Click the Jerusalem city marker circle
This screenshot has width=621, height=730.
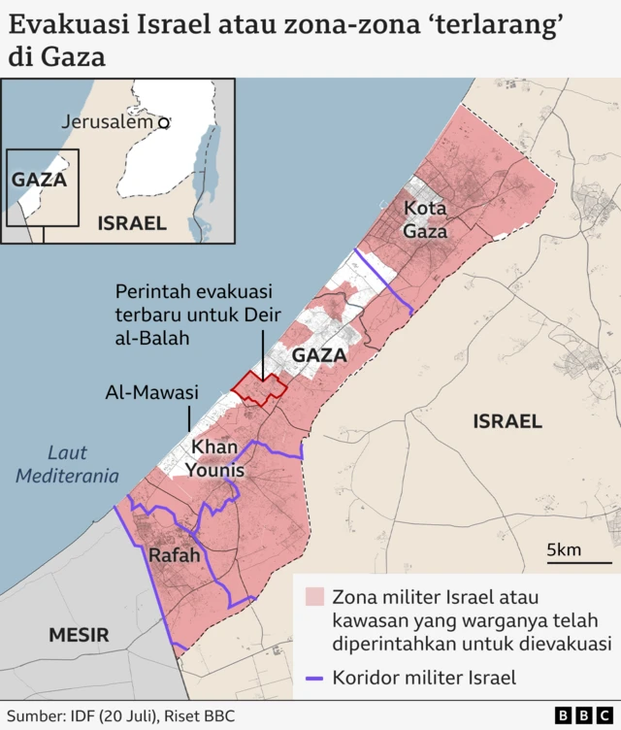[164, 123]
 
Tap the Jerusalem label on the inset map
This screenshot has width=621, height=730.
[107, 122]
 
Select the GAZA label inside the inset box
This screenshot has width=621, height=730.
[39, 180]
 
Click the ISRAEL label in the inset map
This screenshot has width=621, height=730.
[132, 223]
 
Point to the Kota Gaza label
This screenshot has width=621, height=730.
[426, 219]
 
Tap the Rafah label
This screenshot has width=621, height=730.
[175, 556]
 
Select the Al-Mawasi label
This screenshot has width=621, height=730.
[151, 393]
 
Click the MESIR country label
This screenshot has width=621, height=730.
[80, 635]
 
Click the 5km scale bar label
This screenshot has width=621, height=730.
[564, 550]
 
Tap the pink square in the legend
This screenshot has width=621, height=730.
[313, 596]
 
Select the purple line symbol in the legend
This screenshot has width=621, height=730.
[313, 679]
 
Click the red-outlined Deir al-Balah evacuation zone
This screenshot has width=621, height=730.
[260, 388]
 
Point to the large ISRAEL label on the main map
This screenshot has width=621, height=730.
[507, 421]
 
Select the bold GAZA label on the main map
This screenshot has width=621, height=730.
[319, 355]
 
